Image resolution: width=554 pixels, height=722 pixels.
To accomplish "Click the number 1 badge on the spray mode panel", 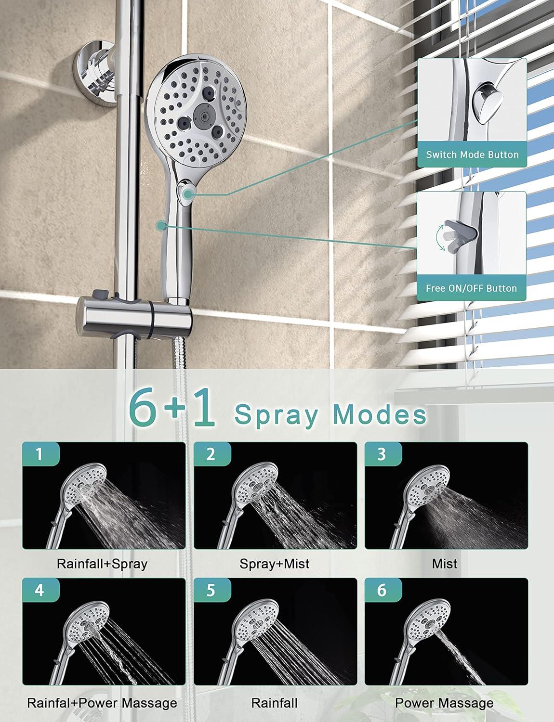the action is (40, 453).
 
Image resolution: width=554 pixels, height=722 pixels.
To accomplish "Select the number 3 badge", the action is (383, 453).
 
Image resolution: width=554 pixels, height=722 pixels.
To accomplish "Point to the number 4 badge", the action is (40, 590).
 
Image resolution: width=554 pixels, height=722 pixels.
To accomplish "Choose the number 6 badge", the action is (383, 590).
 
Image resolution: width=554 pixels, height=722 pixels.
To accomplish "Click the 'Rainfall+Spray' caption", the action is (102, 564).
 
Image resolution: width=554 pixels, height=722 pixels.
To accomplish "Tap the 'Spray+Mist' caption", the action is (275, 564).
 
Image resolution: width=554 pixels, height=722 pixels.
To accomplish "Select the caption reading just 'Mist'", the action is (445, 564).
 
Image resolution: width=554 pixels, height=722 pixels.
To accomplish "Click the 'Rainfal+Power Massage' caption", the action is (102, 703).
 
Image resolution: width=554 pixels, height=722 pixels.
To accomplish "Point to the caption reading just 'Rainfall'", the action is (274, 703).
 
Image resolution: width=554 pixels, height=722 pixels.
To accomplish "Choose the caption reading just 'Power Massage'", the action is (444, 703).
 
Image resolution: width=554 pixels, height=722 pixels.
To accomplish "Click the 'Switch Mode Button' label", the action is (472, 155).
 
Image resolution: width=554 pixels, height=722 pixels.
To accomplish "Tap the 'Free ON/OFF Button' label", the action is (472, 288).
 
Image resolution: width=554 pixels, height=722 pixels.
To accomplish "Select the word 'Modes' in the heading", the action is (380, 414).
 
